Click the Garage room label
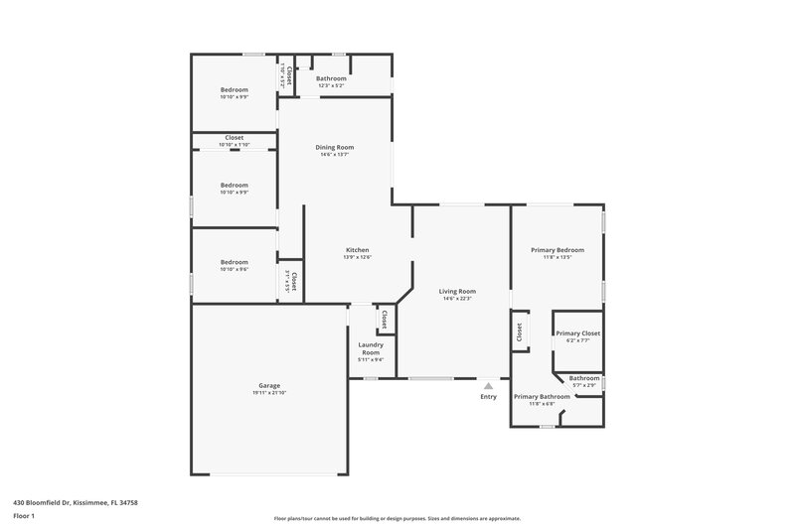click(x=268, y=385)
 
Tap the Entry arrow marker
click(x=488, y=386)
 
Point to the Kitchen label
click(x=357, y=249)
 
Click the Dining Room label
click(x=336, y=147)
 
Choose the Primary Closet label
click(x=577, y=333)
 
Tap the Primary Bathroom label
click(x=542, y=397)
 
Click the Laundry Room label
click(x=371, y=348)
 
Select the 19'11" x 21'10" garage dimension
click(x=268, y=393)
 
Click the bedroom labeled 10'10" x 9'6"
click(x=235, y=270)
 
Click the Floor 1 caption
click(x=24, y=517)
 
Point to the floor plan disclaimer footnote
click(x=397, y=518)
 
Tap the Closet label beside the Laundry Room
click(x=385, y=319)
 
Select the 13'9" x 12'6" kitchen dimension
click(x=357, y=257)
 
